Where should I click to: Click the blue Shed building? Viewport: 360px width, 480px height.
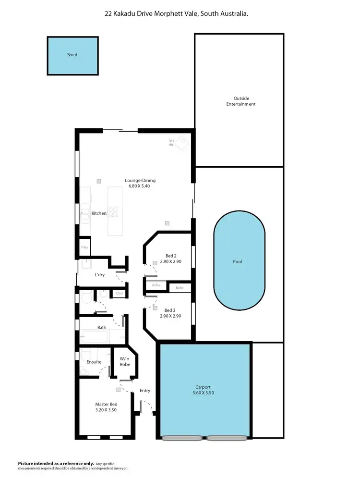pyautogui.click(x=72, y=55)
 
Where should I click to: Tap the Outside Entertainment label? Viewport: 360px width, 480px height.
pyautogui.click(x=241, y=101)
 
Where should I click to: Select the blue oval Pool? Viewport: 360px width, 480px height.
pyautogui.click(x=240, y=262)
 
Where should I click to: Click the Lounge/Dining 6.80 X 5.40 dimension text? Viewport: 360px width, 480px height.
pyautogui.click(x=135, y=186)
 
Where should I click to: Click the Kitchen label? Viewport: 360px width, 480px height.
pyautogui.click(x=99, y=213)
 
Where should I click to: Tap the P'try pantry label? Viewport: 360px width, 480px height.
pyautogui.click(x=84, y=247)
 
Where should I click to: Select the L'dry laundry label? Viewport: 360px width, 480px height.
pyautogui.click(x=99, y=275)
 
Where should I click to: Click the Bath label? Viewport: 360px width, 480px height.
pyautogui.click(x=102, y=328)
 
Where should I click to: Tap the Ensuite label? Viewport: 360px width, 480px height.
pyautogui.click(x=94, y=362)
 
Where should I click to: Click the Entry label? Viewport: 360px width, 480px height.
pyautogui.click(x=145, y=391)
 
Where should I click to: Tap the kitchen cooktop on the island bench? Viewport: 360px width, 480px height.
pyautogui.click(x=113, y=211)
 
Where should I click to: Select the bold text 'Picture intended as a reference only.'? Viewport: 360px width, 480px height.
pyautogui.click(x=52, y=463)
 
